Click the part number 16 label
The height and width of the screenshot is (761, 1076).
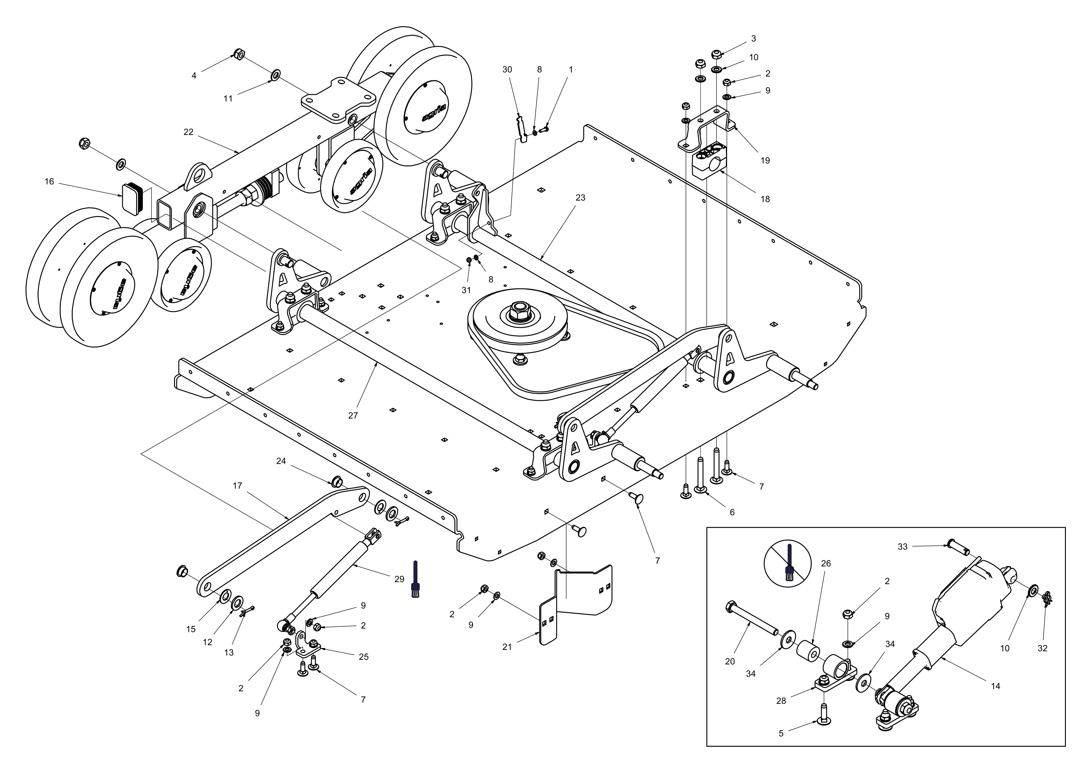tap(49, 181)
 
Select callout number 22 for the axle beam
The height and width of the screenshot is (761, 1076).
tap(188, 132)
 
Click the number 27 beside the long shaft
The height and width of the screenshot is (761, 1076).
tap(353, 415)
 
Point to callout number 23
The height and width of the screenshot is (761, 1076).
tap(580, 198)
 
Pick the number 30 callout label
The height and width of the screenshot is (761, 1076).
tap(507, 69)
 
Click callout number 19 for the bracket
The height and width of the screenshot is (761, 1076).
tap(765, 160)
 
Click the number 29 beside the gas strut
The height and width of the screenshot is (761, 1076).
tap(399, 579)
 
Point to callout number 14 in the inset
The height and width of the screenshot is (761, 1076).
tap(995, 686)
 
